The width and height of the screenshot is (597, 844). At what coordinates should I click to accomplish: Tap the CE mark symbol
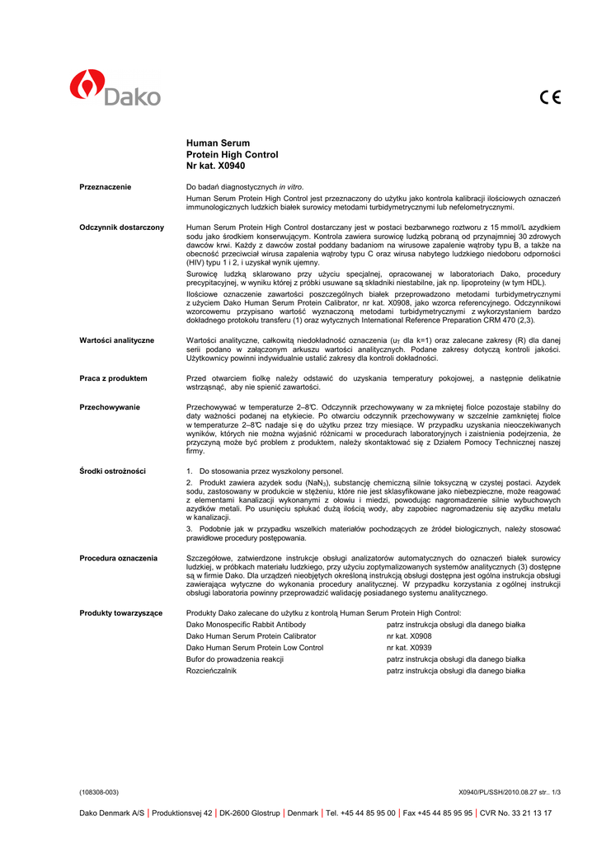click(x=550, y=97)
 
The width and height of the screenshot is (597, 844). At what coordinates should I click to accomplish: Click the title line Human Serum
click(x=218, y=143)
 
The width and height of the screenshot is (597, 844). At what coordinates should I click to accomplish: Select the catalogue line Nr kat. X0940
click(x=216, y=166)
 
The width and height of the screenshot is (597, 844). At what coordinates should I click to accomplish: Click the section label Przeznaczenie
click(x=106, y=187)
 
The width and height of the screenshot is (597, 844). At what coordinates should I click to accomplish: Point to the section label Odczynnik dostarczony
click(x=121, y=227)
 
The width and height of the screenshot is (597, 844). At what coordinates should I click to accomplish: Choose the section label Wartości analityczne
click(x=116, y=340)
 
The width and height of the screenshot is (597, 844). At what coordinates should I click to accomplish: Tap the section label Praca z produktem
click(x=113, y=378)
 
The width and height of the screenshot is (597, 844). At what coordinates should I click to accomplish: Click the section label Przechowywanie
click(x=110, y=407)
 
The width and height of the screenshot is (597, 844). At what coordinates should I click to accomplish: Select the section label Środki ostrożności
click(x=112, y=471)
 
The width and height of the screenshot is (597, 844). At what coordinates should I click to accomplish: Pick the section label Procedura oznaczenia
click(x=118, y=558)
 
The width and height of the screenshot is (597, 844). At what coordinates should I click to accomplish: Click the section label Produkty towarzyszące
click(x=120, y=613)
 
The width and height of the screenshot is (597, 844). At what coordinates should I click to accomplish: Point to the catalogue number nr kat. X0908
click(x=409, y=636)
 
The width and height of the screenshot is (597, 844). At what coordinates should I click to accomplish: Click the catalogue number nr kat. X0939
click(x=409, y=648)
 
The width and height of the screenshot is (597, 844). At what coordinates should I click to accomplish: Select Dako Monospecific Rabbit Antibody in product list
click(x=246, y=625)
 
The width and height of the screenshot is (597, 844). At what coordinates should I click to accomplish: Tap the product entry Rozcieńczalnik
click(x=211, y=671)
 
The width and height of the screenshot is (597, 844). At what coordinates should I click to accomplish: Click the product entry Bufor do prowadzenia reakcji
click(x=235, y=659)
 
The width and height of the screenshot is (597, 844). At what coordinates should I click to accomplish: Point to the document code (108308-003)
click(x=99, y=792)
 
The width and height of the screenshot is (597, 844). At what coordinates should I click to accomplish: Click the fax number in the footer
click(x=438, y=813)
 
